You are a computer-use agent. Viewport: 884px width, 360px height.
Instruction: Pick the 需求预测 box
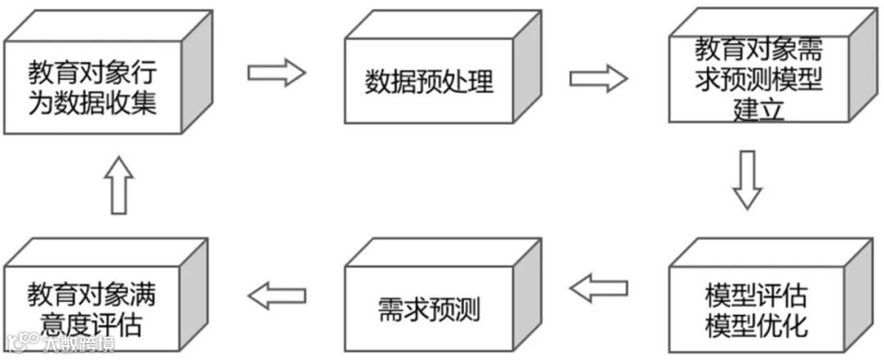click(x=429, y=310)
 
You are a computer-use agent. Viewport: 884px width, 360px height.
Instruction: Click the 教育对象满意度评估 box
click(x=92, y=310)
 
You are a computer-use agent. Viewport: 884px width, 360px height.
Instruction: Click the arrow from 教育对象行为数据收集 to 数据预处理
click(x=276, y=72)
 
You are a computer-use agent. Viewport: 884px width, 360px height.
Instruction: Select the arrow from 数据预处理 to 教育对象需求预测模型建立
click(x=598, y=79)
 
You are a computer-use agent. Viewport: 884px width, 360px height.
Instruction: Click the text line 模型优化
click(x=755, y=326)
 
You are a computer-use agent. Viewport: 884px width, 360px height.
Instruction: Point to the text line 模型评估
click(x=755, y=295)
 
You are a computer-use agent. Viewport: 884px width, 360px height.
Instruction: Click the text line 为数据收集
click(x=92, y=105)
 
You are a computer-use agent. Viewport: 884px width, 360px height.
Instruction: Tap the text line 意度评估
click(x=92, y=326)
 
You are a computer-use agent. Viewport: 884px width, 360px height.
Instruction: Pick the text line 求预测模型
click(x=758, y=80)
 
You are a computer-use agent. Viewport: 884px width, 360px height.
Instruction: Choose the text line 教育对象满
click(x=92, y=295)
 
